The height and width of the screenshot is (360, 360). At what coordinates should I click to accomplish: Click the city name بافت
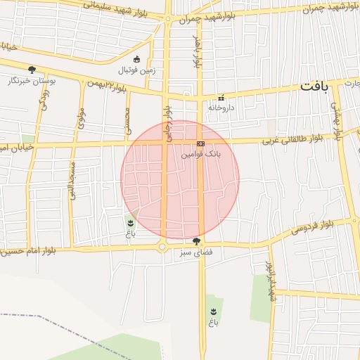(314, 86)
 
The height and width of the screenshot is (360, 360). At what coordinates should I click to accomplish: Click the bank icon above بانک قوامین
(201, 143)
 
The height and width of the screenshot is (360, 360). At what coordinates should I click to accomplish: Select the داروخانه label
(220, 108)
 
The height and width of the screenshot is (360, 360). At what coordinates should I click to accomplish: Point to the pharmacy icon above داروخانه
(221, 98)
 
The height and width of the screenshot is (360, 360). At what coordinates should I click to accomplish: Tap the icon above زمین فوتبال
(136, 59)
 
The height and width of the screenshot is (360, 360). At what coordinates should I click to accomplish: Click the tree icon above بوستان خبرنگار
(32, 69)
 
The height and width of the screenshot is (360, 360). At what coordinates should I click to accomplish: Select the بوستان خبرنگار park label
(32, 80)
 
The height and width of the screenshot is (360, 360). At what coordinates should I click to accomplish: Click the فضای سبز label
(195, 251)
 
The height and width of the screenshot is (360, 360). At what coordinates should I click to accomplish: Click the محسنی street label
(128, 120)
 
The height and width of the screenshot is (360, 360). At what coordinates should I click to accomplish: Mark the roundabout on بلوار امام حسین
(162, 247)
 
